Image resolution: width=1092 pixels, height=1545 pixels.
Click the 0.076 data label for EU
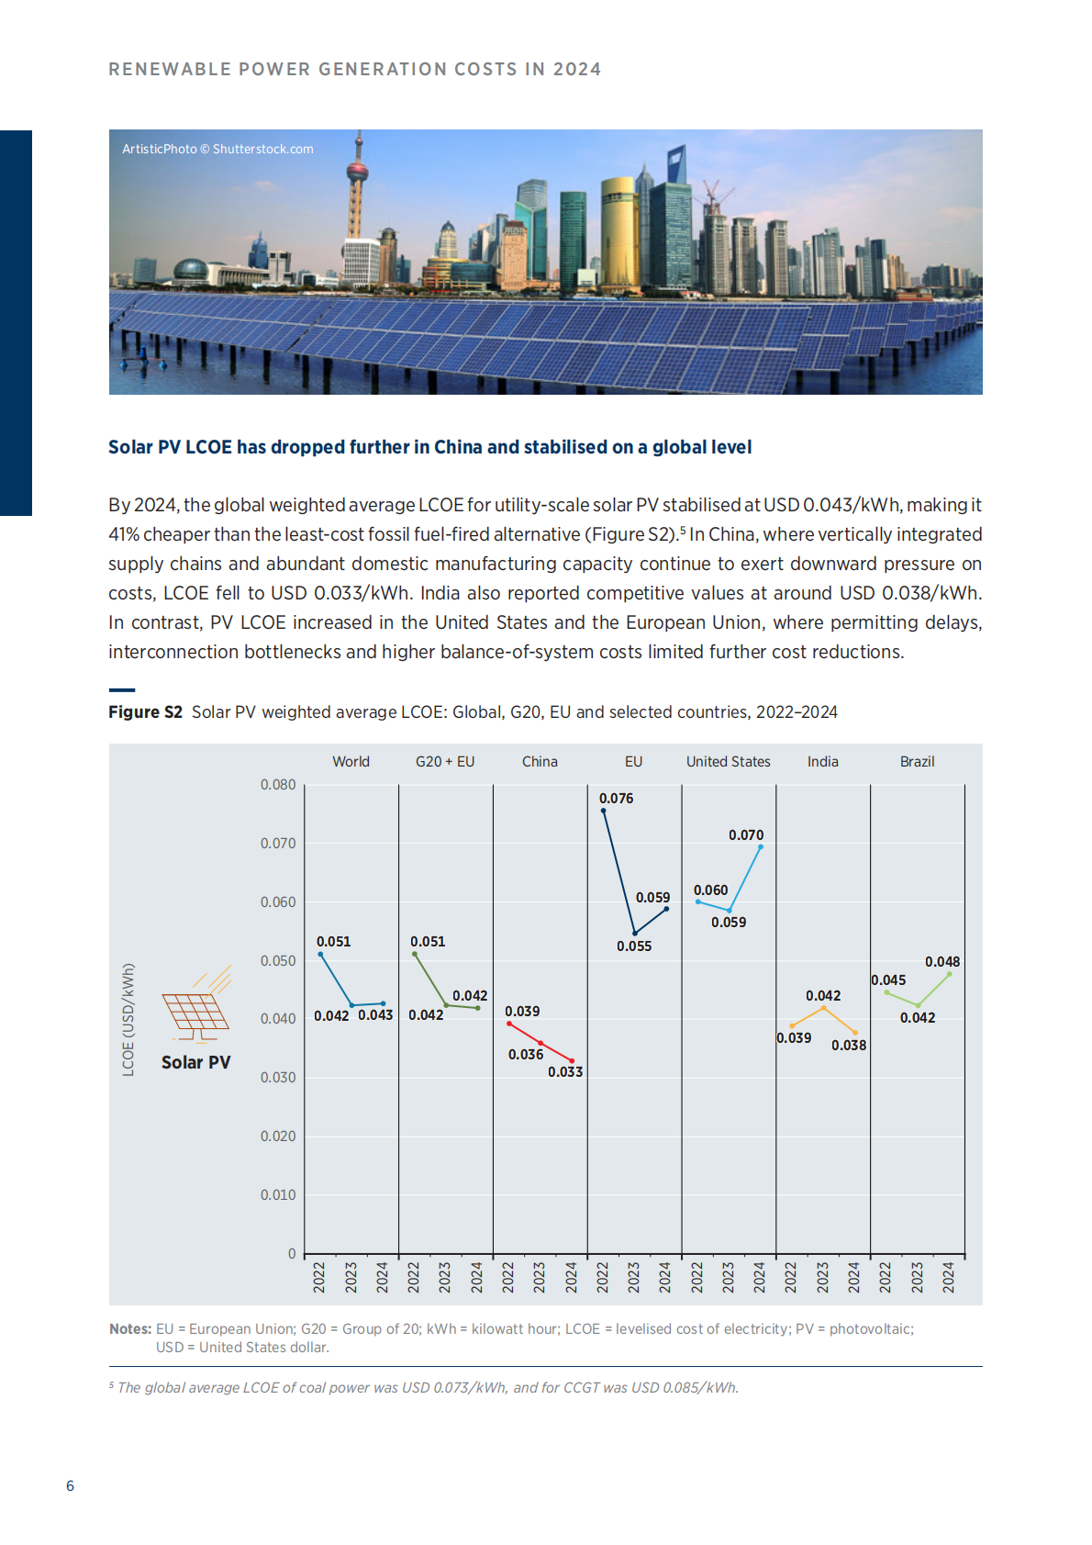click(616, 799)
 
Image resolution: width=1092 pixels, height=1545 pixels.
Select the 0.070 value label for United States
click(745, 835)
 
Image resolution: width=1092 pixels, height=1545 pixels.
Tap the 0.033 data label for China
click(565, 1072)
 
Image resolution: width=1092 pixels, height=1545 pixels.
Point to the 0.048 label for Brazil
click(942, 962)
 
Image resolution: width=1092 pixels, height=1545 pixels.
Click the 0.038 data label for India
click(849, 1046)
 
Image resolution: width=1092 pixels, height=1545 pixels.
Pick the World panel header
click(351, 762)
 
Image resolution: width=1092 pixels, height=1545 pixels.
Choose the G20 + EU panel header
click(445, 762)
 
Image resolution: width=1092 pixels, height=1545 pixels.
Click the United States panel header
click(728, 762)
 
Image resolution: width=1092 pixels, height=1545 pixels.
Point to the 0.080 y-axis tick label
click(278, 785)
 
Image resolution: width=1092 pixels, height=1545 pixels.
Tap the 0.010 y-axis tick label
click(278, 1195)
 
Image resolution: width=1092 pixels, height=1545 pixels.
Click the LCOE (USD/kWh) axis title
click(128, 1020)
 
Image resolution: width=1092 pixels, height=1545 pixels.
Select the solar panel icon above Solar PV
click(195, 1006)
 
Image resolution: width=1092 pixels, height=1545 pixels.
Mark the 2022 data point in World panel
click(320, 955)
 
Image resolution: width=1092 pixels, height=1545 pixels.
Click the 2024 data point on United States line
click(761, 846)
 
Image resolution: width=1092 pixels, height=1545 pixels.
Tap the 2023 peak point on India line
click(823, 1008)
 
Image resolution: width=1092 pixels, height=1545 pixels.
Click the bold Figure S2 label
click(145, 712)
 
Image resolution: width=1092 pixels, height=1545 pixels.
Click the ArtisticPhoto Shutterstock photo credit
click(217, 149)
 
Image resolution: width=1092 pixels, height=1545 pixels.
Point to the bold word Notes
click(130, 1329)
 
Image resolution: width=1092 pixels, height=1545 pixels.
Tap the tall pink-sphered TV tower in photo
click(357, 184)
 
